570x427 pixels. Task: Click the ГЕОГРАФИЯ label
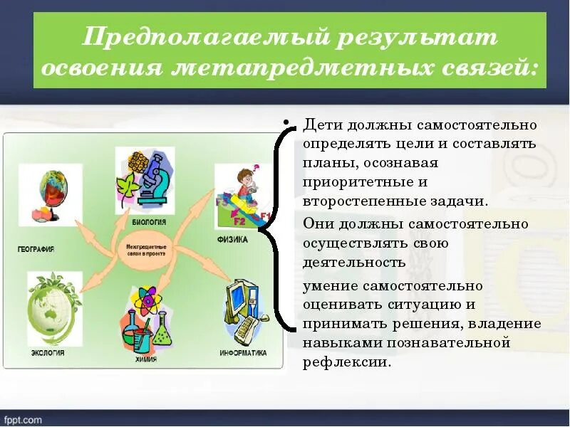[36, 250]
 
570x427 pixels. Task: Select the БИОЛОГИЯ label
[148, 223]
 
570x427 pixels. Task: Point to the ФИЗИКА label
[232, 240]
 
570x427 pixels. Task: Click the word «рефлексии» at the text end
[346, 362]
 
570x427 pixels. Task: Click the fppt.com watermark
[22, 420]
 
